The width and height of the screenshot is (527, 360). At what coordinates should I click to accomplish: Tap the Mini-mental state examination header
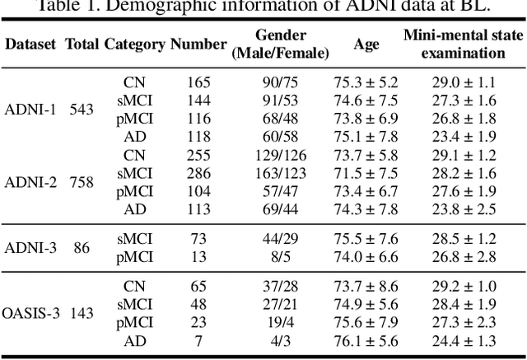coord(455,44)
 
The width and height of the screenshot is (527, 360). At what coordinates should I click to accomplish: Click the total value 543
coord(81,110)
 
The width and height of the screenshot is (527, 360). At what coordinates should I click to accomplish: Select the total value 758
coord(81,182)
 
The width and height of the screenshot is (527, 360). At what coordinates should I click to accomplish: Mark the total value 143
coord(81,313)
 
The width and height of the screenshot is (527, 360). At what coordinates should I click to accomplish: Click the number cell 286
coord(198,173)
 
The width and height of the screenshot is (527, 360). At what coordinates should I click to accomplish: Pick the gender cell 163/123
coord(281,173)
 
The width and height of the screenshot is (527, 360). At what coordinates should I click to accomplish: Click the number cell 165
coord(198,82)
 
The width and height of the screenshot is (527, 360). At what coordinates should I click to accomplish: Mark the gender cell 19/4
coord(281,322)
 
